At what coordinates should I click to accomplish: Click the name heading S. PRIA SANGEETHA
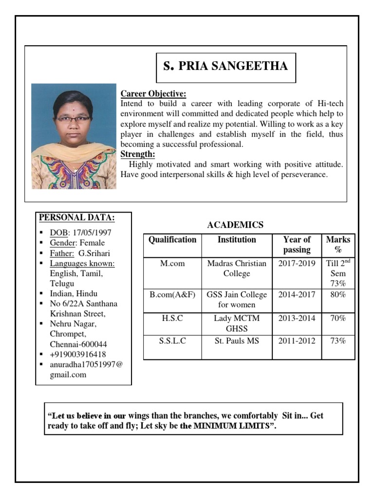point(225,67)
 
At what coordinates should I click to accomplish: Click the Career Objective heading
point(153,94)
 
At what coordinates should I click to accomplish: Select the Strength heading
point(138,155)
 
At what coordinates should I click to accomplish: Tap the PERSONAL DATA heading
point(76,217)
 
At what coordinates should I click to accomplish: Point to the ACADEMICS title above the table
point(235,225)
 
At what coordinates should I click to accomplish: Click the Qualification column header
point(172,240)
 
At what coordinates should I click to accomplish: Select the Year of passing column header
point(297,245)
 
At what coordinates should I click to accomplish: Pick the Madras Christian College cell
point(237,268)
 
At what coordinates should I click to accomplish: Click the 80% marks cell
point(338,295)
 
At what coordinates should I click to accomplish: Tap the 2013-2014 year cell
point(297,319)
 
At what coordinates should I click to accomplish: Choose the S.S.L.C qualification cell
point(172,341)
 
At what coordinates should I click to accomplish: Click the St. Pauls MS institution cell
point(237,341)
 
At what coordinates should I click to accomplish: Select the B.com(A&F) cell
point(172,295)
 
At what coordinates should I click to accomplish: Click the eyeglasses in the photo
point(73,118)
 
